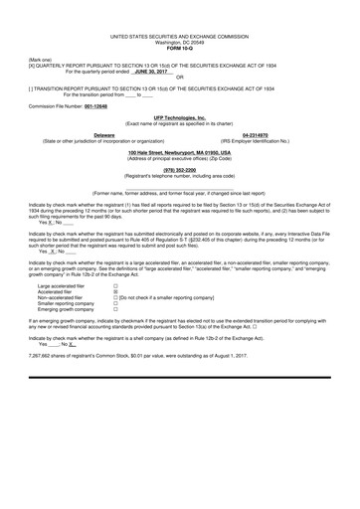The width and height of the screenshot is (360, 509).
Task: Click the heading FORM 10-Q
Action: click(179, 49)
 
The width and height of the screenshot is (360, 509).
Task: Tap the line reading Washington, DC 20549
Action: click(179, 44)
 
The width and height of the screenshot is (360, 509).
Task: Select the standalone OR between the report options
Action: click(180, 78)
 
